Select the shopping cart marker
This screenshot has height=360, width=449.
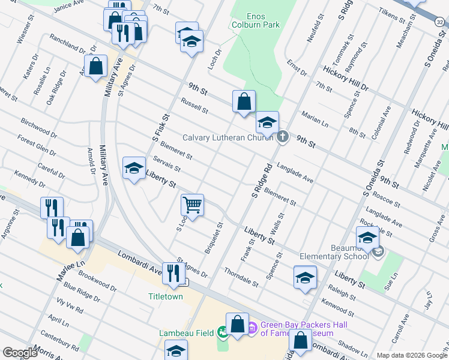(193, 205)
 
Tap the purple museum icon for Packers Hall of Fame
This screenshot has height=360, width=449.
(253, 328)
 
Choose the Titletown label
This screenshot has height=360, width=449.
(166, 296)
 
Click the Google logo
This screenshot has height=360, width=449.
(19, 353)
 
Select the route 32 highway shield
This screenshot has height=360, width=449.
(440, 22)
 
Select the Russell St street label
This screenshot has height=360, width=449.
(194, 107)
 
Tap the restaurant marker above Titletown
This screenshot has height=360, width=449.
(173, 273)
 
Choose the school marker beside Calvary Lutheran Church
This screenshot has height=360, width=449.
(267, 123)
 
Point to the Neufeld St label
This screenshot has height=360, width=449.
(312, 29)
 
